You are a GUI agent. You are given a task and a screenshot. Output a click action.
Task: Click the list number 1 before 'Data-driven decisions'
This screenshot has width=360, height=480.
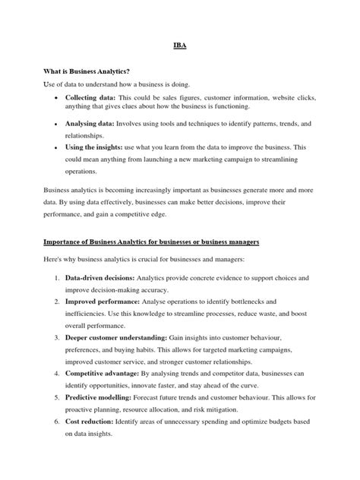58,279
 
